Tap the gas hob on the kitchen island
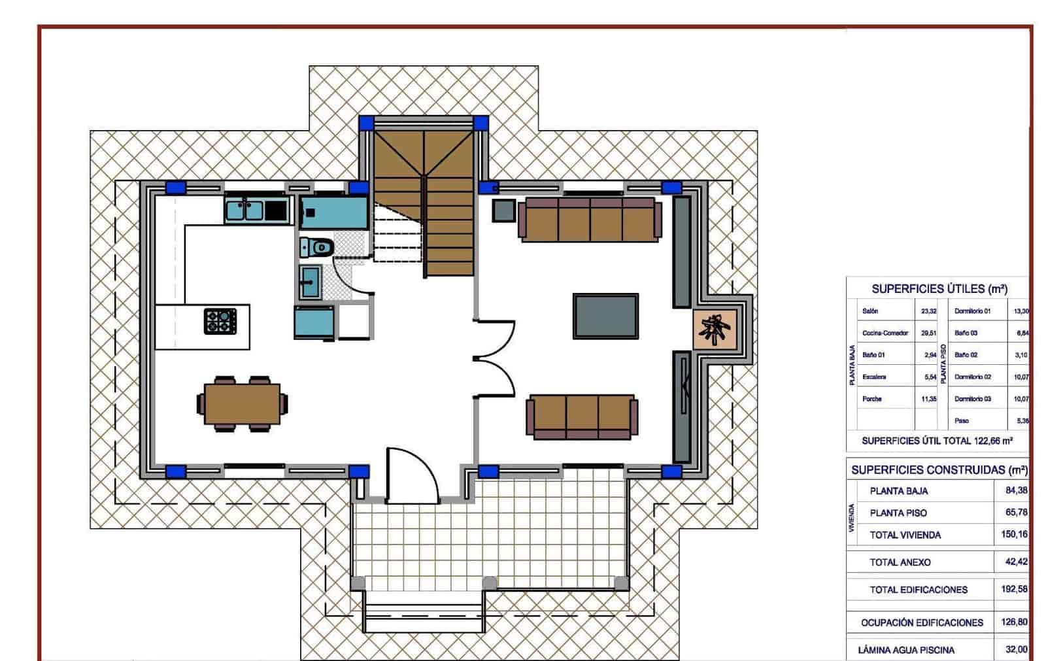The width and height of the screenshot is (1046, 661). click(220, 321)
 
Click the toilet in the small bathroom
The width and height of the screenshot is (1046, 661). click(317, 247)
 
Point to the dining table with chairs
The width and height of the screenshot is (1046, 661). click(242, 404)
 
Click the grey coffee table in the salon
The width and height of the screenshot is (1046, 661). click(605, 316)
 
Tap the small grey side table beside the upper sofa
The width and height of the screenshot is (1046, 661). click(504, 211)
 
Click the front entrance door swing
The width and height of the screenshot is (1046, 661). click(412, 476)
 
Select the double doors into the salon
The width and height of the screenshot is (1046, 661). click(494, 359)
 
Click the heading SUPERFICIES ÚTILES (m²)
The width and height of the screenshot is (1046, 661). click(939, 289)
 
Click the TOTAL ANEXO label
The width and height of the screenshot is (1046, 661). click(900, 562)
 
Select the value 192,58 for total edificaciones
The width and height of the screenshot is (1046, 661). click(1014, 589)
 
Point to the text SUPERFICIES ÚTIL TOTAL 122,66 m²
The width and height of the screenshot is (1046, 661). click(936, 441)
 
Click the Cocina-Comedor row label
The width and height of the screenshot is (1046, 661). click(885, 333)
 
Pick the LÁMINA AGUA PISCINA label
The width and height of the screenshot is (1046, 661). click(905, 650)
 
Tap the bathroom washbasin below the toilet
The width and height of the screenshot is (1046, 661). click(311, 281)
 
